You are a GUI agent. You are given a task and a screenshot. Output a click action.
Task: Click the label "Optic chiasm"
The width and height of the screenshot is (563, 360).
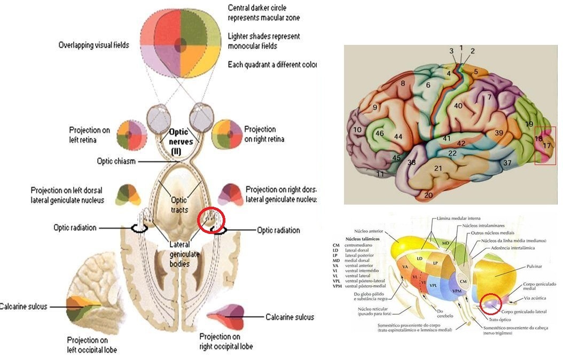tap(116, 161)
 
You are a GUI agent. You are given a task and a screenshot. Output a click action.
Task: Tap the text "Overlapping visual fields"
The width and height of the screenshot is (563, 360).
tap(93, 45)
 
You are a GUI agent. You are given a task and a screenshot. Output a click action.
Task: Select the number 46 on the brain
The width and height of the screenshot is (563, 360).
tap(380, 133)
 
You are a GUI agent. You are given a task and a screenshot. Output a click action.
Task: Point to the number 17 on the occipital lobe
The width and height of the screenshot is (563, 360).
tap(546, 145)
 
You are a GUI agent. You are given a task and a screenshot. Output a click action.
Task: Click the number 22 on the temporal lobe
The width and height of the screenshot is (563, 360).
tap(452, 153)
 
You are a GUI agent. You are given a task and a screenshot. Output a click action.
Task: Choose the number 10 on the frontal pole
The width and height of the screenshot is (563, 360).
tap(357, 130)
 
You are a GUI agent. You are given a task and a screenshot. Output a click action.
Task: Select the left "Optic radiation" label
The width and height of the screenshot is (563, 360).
tap(75, 228)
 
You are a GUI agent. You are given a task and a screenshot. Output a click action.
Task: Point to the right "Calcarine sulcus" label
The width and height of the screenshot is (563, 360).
tap(290, 317)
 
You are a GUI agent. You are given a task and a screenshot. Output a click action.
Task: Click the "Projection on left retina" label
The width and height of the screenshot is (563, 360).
tap(90, 134)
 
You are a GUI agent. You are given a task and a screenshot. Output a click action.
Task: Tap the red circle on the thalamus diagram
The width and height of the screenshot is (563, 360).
tap(490, 303)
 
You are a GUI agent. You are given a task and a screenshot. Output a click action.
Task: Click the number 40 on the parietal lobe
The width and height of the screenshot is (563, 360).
tap(458, 106)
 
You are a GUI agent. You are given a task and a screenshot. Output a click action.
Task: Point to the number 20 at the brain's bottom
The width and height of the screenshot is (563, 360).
tap(428, 195)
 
